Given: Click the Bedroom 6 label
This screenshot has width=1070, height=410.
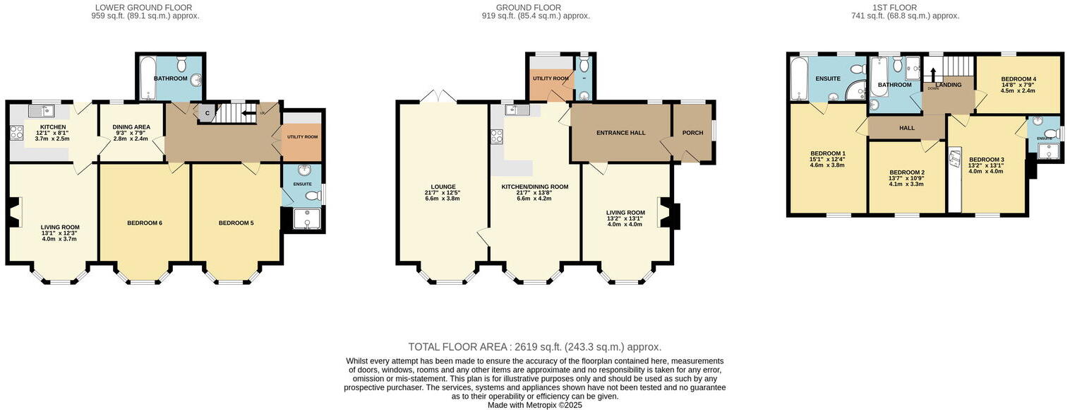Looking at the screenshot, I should pos(145,223).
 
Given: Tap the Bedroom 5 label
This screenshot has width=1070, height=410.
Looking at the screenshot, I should pos(236,223).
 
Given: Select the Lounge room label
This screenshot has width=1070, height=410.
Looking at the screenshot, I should pos(443,187).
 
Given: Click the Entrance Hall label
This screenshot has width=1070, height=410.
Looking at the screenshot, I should pos(620,133).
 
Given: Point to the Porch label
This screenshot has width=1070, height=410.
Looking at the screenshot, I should pos(692,133).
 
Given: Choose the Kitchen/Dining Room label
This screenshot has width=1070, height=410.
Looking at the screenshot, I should pos(534,187).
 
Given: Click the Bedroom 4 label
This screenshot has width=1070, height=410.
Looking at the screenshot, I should pos(1018,78).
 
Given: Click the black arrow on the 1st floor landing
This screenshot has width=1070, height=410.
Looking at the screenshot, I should pos(932,74).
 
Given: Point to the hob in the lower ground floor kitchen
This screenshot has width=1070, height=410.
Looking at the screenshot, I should pos(17,132).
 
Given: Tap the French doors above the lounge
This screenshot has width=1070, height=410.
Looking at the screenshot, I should pos(439,97).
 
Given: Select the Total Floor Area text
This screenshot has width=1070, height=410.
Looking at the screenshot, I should pos(534,347).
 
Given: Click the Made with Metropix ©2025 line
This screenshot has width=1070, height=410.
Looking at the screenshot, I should pos(534,405).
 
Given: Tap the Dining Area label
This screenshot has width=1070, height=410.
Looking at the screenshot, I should pos(131,127).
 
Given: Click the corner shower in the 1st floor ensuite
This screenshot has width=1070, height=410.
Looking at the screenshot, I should pos(857,90).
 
